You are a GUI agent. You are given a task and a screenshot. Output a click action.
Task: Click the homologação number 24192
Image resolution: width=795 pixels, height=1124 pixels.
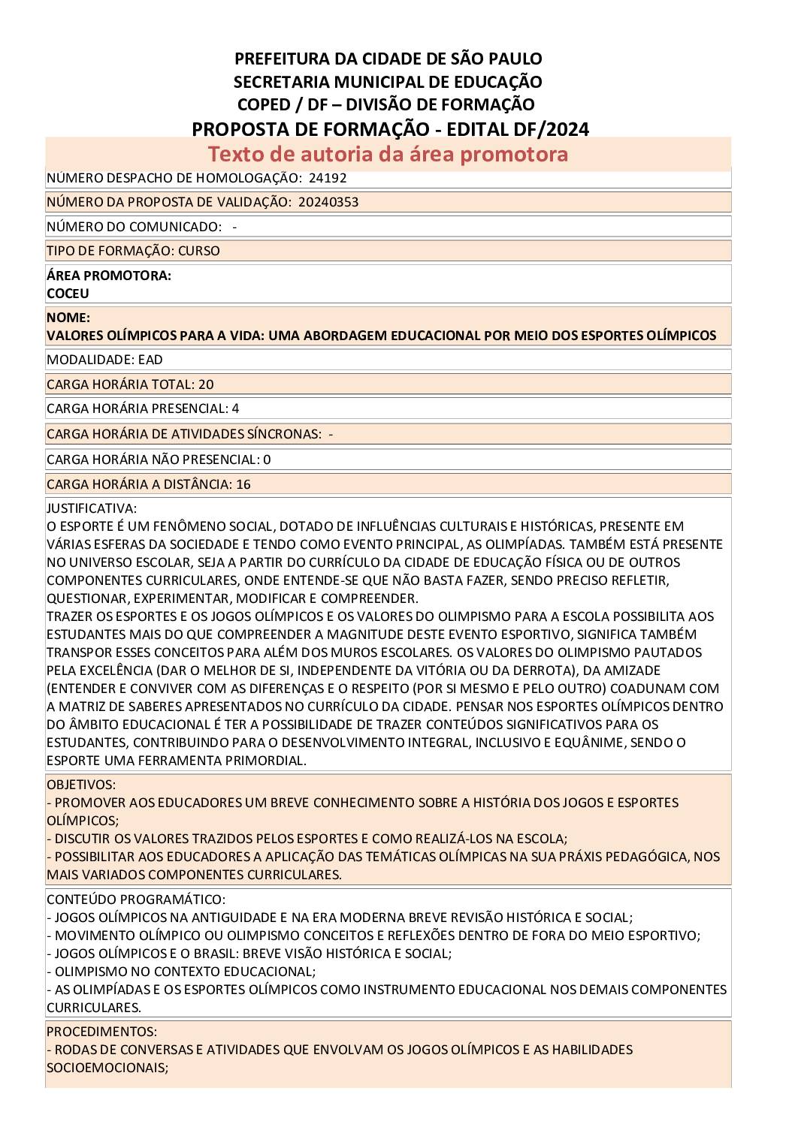pyautogui.click(x=328, y=178)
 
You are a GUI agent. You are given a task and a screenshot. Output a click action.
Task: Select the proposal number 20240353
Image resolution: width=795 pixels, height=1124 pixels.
pyautogui.click(x=328, y=202)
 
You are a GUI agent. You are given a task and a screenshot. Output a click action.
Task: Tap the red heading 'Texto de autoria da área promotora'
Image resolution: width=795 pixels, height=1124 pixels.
pyautogui.click(x=388, y=154)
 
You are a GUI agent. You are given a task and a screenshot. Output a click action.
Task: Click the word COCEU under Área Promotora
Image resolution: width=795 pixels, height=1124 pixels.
pyautogui.click(x=68, y=294)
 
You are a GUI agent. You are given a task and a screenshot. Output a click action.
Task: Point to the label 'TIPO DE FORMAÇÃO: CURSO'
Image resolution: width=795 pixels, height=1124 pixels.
pyautogui.click(x=133, y=251)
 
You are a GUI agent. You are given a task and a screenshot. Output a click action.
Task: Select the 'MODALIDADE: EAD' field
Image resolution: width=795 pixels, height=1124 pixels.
pyautogui.click(x=104, y=360)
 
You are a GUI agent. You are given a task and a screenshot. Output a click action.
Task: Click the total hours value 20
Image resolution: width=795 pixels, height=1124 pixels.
pyautogui.click(x=206, y=384)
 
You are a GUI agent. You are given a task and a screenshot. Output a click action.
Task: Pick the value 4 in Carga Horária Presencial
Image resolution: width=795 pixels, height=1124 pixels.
pyautogui.click(x=236, y=408)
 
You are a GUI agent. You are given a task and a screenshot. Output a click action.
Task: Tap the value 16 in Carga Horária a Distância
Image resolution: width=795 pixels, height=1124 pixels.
pyautogui.click(x=243, y=484)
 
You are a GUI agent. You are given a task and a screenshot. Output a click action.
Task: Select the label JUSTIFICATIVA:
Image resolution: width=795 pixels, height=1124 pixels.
pyautogui.click(x=92, y=508)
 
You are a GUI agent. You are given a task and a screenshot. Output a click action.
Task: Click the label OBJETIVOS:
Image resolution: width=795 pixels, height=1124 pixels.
pyautogui.click(x=81, y=785)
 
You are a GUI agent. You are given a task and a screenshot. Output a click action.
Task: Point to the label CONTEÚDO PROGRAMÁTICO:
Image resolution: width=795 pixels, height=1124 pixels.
pyautogui.click(x=136, y=900)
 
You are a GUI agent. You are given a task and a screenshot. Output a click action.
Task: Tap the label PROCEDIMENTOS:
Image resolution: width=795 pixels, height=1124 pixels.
pyautogui.click(x=102, y=1032)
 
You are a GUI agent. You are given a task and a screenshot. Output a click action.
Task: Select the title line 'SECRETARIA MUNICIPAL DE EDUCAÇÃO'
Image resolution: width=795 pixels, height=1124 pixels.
pyautogui.click(x=388, y=81)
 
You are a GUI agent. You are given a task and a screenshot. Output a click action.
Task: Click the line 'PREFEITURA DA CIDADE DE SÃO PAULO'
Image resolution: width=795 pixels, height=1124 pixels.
pyautogui.click(x=388, y=59)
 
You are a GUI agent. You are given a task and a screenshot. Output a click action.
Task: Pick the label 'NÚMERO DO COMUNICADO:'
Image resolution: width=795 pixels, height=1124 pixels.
pyautogui.click(x=135, y=227)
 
